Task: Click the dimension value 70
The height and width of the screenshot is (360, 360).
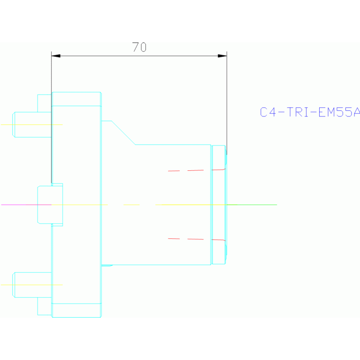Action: point(139,47)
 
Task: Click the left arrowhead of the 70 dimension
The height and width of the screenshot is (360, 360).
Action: point(56,56)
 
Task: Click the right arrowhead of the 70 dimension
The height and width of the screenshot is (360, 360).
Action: point(222,56)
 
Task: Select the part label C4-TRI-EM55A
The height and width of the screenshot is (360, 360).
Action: point(310,112)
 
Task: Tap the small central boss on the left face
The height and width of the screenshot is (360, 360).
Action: point(50,204)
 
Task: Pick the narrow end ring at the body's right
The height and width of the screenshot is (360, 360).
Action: point(218,205)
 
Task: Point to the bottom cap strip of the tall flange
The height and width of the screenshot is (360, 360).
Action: point(77,310)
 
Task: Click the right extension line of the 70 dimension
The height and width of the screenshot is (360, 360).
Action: point(227,103)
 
